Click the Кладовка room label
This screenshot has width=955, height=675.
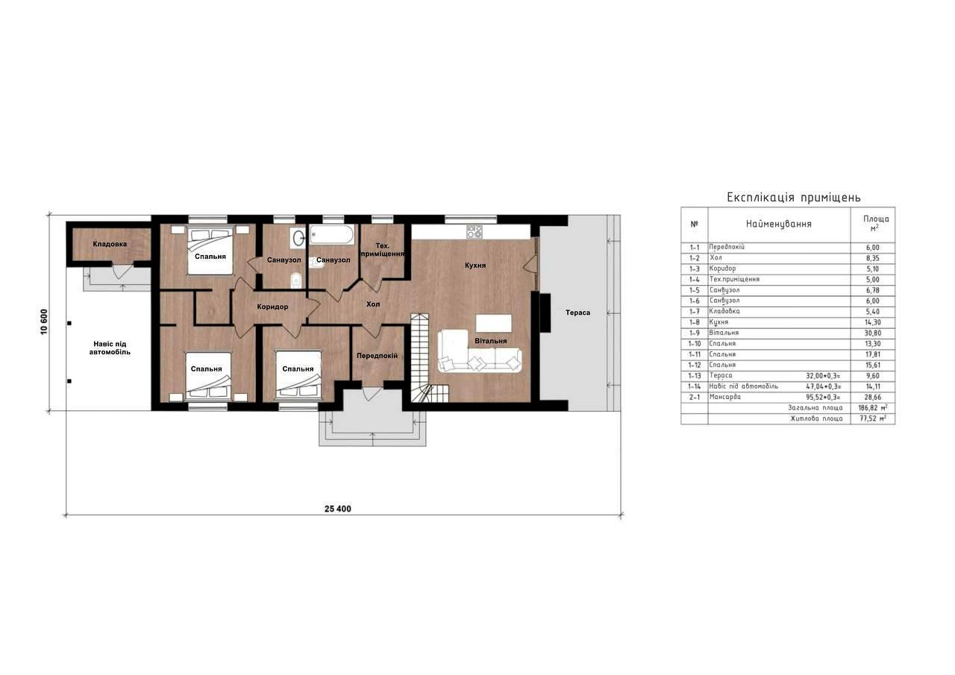pyautogui.click(x=110, y=244)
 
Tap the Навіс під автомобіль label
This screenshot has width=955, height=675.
pyautogui.click(x=110, y=348)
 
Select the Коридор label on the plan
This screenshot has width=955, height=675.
pyautogui.click(x=272, y=307)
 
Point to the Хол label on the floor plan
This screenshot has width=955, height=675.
pyautogui.click(x=373, y=304)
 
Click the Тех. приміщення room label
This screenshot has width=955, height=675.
pyautogui.click(x=383, y=250)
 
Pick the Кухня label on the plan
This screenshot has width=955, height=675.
pyautogui.click(x=475, y=265)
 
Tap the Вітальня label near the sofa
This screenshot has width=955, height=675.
pyautogui.click(x=491, y=341)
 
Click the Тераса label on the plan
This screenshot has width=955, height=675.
pyautogui.click(x=577, y=313)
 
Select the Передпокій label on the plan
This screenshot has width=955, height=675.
pyautogui.click(x=378, y=355)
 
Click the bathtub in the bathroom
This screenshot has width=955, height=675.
pyautogui.click(x=332, y=235)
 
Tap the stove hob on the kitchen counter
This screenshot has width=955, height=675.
pyautogui.click(x=474, y=231)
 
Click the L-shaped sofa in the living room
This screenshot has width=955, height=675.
pyautogui.click(x=480, y=351)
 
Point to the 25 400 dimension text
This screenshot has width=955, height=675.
pyautogui.click(x=338, y=509)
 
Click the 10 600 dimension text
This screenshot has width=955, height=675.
pyautogui.click(x=44, y=321)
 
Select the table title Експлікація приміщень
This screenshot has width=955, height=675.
pyautogui.click(x=794, y=198)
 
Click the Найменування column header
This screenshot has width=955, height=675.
pyautogui.click(x=778, y=224)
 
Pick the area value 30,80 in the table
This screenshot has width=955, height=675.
pyautogui.click(x=873, y=333)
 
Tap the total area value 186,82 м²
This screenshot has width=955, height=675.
pyautogui.click(x=872, y=408)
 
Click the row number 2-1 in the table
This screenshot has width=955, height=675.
pyautogui.click(x=694, y=397)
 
